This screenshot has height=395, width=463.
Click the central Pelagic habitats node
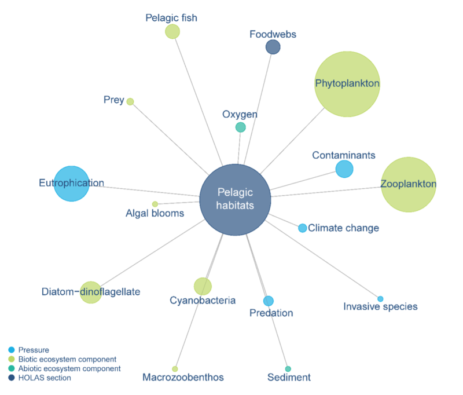(235, 199)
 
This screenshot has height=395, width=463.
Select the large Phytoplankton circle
(347, 84)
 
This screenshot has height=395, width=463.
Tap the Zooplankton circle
(408, 184)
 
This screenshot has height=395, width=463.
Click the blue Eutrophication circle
(72, 184)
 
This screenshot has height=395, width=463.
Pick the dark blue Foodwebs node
(273, 47)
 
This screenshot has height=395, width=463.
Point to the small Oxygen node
(241, 127)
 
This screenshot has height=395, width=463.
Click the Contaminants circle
(344, 169)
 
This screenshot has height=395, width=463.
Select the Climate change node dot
(303, 228)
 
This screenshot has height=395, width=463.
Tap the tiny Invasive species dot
(380, 299)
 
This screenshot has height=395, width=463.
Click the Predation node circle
(269, 301)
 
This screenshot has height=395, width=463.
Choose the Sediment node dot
(288, 369)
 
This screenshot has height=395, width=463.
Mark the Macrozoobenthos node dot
(175, 369)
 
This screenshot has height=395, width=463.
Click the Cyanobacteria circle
(203, 286)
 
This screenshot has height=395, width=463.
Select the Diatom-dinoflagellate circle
(90, 292)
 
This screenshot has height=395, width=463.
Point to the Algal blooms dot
(155, 204)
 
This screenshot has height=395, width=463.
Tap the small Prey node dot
(130, 101)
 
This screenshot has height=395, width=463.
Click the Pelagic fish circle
(172, 31)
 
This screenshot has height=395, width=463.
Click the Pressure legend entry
(34, 350)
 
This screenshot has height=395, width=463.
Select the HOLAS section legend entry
(45, 378)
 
